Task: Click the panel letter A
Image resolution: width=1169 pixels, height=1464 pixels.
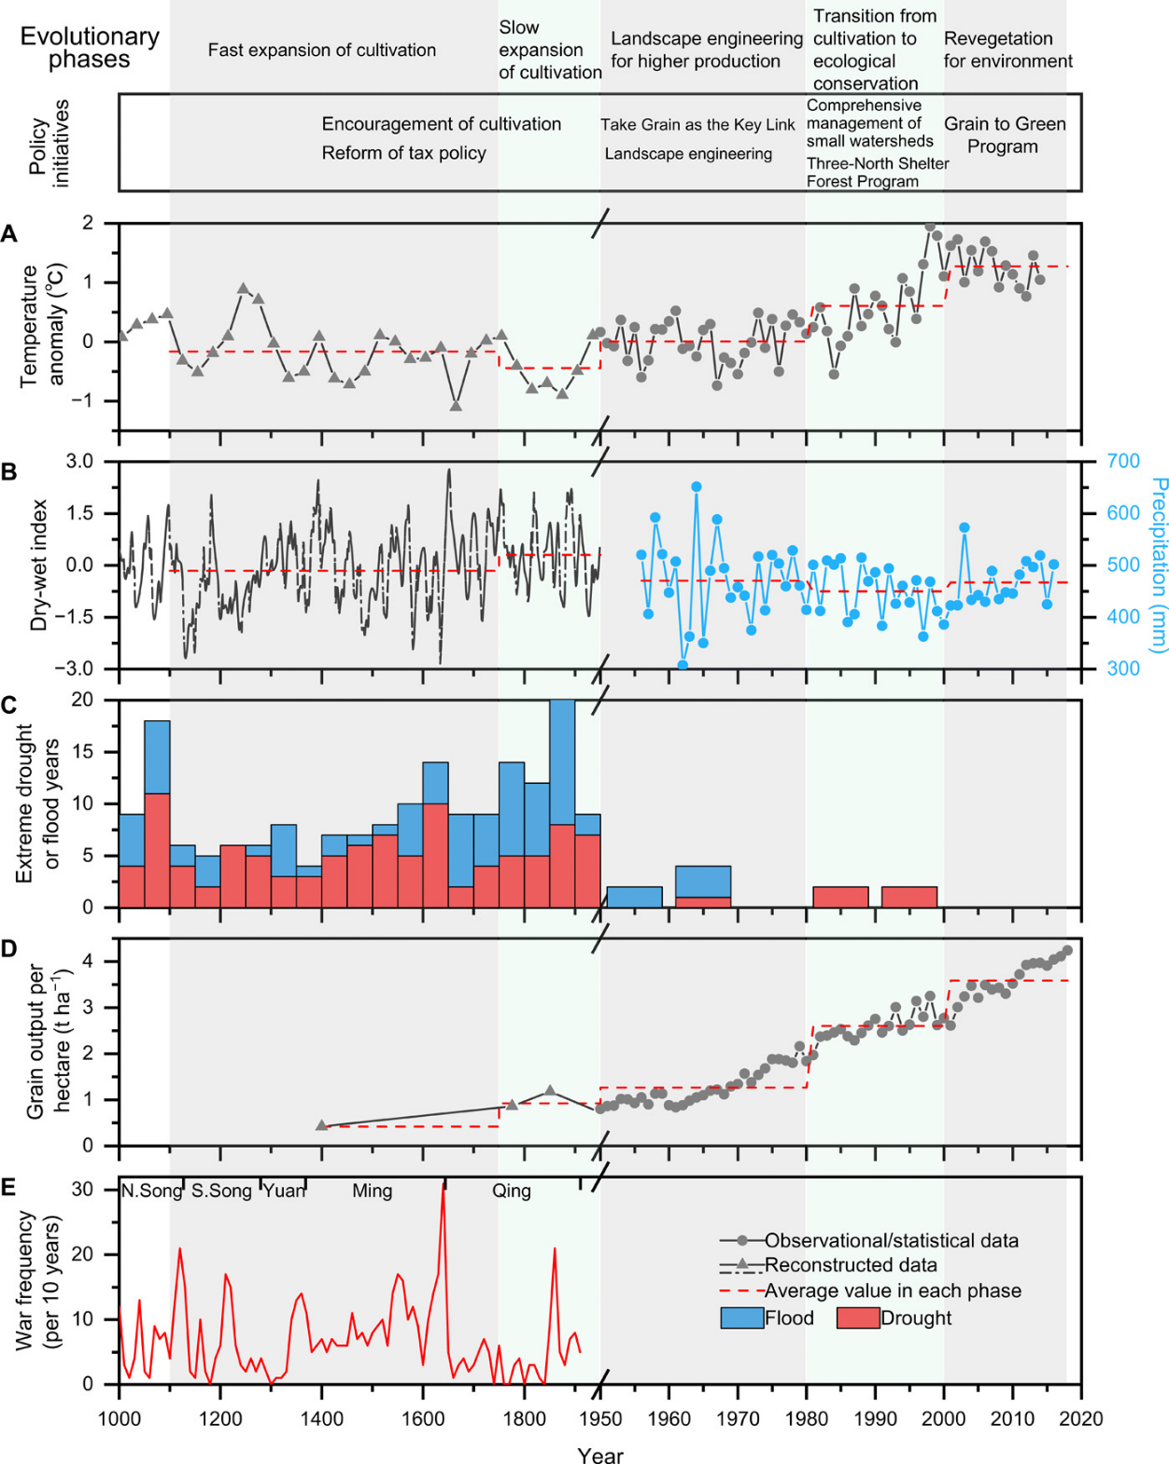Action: (x=9, y=234)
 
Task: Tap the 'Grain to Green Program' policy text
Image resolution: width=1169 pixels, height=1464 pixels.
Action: (x=1004, y=135)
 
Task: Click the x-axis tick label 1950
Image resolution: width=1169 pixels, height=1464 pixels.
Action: (x=600, y=1418)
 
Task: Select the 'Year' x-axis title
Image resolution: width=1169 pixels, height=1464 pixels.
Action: (x=600, y=1454)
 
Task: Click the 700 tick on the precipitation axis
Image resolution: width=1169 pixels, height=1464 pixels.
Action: (x=1122, y=461)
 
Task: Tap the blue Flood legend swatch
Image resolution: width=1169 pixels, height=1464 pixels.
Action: (x=741, y=1318)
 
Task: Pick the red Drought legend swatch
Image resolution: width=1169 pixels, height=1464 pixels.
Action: (x=857, y=1318)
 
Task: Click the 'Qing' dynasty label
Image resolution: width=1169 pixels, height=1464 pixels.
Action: (x=512, y=1191)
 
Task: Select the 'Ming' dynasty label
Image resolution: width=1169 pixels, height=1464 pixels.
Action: (x=372, y=1191)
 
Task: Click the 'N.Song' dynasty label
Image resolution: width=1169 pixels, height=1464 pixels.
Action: (x=151, y=1191)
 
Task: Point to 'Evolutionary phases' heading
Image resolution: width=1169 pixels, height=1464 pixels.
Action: (x=90, y=48)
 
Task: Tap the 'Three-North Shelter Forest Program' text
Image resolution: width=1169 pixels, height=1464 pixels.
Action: (x=877, y=173)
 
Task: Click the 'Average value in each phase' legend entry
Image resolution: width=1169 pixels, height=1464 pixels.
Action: (x=892, y=1290)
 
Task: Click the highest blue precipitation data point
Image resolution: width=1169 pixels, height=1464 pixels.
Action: (x=697, y=486)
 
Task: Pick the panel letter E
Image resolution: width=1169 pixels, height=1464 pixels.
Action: (x=9, y=1187)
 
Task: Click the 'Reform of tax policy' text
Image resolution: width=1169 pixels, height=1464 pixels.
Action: (x=403, y=153)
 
